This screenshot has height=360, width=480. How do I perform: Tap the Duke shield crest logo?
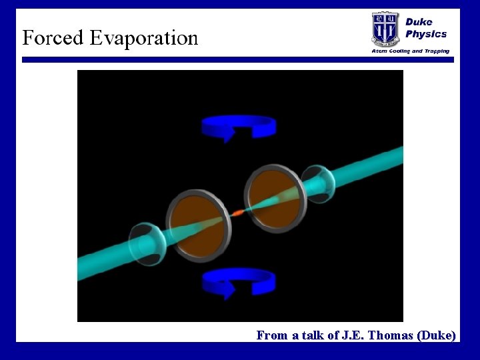tap(385, 29)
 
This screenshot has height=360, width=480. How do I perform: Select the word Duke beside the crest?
tap(419, 21)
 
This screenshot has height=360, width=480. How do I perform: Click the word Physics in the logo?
tap(426, 34)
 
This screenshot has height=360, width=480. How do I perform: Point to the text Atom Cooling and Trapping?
tap(410, 51)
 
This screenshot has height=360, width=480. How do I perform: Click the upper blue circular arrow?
tap(239, 125)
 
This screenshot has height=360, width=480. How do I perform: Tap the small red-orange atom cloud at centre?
tap(237, 213)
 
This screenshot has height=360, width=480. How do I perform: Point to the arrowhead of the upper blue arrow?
tap(229, 134)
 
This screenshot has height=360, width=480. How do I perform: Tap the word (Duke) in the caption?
tap(437, 335)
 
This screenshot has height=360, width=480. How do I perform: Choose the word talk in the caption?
tap(312, 335)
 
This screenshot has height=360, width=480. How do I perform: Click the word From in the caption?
tap(271, 335)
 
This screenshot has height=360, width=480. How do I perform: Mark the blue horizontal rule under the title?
tap(238, 60)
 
